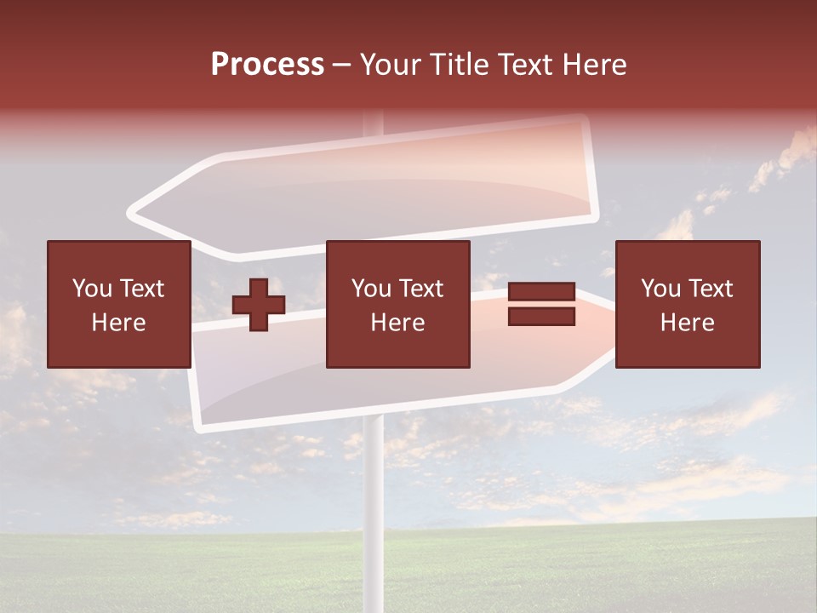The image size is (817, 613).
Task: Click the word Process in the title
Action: [267, 65]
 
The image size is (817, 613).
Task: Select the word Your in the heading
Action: [391, 65]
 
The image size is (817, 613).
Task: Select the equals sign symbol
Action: [541, 304]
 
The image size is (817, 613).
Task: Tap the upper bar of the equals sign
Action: [541, 292]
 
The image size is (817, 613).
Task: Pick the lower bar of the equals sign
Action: [541, 317]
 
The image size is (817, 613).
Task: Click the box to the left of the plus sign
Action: [118, 304]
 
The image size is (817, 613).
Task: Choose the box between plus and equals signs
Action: [397, 304]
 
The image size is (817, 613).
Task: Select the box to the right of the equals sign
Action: [687, 304]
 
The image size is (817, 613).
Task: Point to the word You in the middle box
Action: [371, 289]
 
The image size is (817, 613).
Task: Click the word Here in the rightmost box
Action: [687, 323]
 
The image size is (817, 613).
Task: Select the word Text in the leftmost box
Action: [142, 289]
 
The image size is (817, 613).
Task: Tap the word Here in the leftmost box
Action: [118, 323]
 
